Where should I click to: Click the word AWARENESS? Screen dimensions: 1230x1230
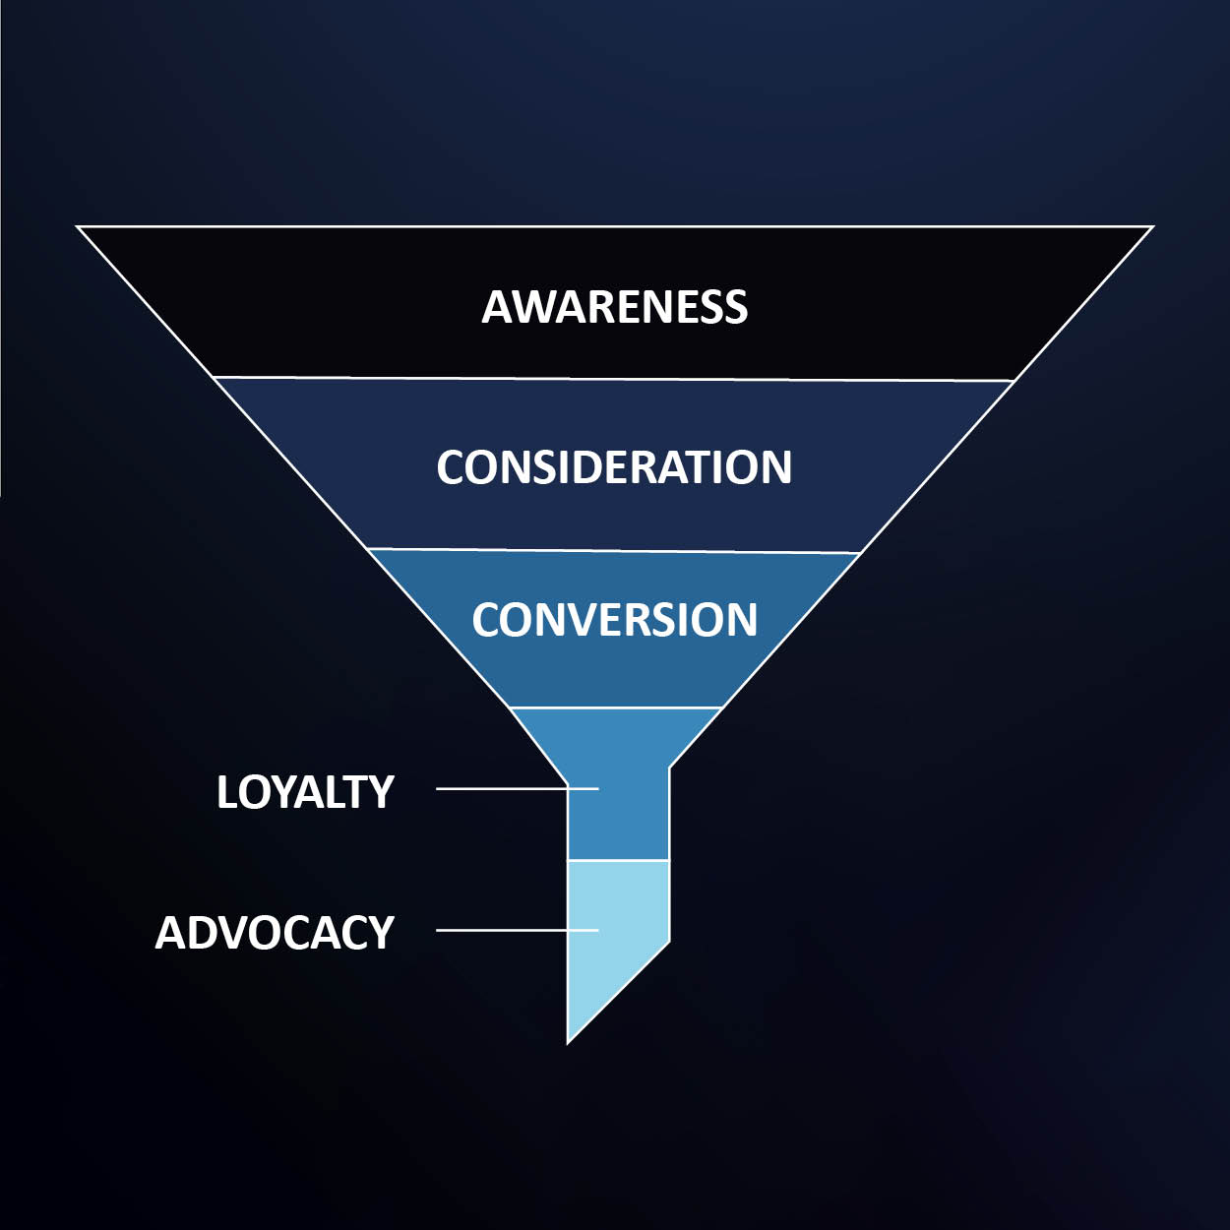pyautogui.click(x=614, y=307)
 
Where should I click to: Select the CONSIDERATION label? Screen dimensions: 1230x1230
pyautogui.click(x=614, y=467)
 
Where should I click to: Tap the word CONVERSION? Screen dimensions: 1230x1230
pyautogui.click(x=614, y=620)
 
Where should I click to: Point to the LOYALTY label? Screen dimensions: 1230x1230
pyautogui.click(x=305, y=792)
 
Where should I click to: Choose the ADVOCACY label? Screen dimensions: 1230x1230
pyautogui.click(x=275, y=933)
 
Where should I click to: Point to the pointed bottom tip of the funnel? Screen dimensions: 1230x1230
pyautogui.click(x=569, y=1041)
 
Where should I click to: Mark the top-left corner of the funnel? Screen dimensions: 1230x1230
pyautogui.click(x=79, y=227)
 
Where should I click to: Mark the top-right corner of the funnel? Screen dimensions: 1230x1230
pyautogui.click(x=1151, y=227)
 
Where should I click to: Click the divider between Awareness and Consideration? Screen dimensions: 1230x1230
pyautogui.click(x=614, y=379)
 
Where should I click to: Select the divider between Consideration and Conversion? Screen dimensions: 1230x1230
pyautogui.click(x=614, y=551)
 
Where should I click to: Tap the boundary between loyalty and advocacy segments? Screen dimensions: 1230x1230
pyautogui.click(x=618, y=860)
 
